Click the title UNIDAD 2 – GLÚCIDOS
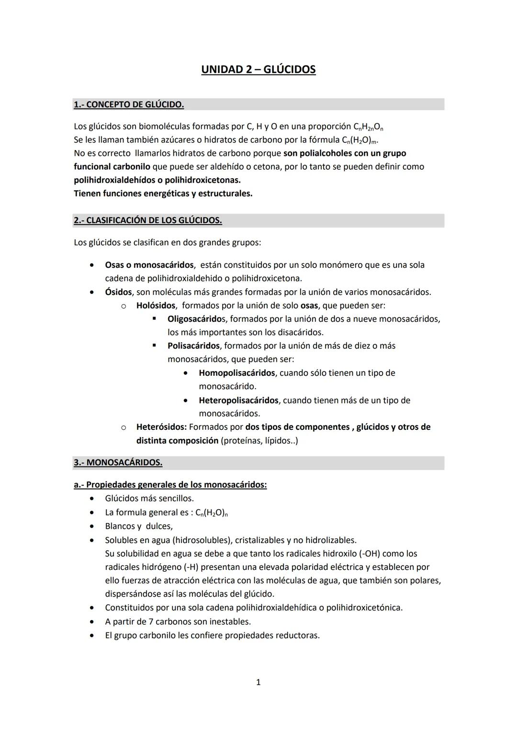(258, 70)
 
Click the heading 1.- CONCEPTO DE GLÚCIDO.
(129, 104)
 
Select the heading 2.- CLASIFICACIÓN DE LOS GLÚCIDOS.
(147, 220)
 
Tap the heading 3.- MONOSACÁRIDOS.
(118, 462)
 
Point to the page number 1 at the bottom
(258, 682)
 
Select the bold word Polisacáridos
(193, 345)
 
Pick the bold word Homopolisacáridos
(236, 372)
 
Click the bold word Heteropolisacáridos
(238, 400)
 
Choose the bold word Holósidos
(156, 305)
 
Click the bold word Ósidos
(117, 292)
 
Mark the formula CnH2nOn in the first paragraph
(368, 127)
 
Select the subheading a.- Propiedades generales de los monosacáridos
(170, 484)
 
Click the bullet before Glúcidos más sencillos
(91, 499)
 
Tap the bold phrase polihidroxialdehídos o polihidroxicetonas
(157, 180)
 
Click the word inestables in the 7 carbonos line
(233, 621)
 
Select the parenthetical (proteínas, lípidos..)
(259, 440)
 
